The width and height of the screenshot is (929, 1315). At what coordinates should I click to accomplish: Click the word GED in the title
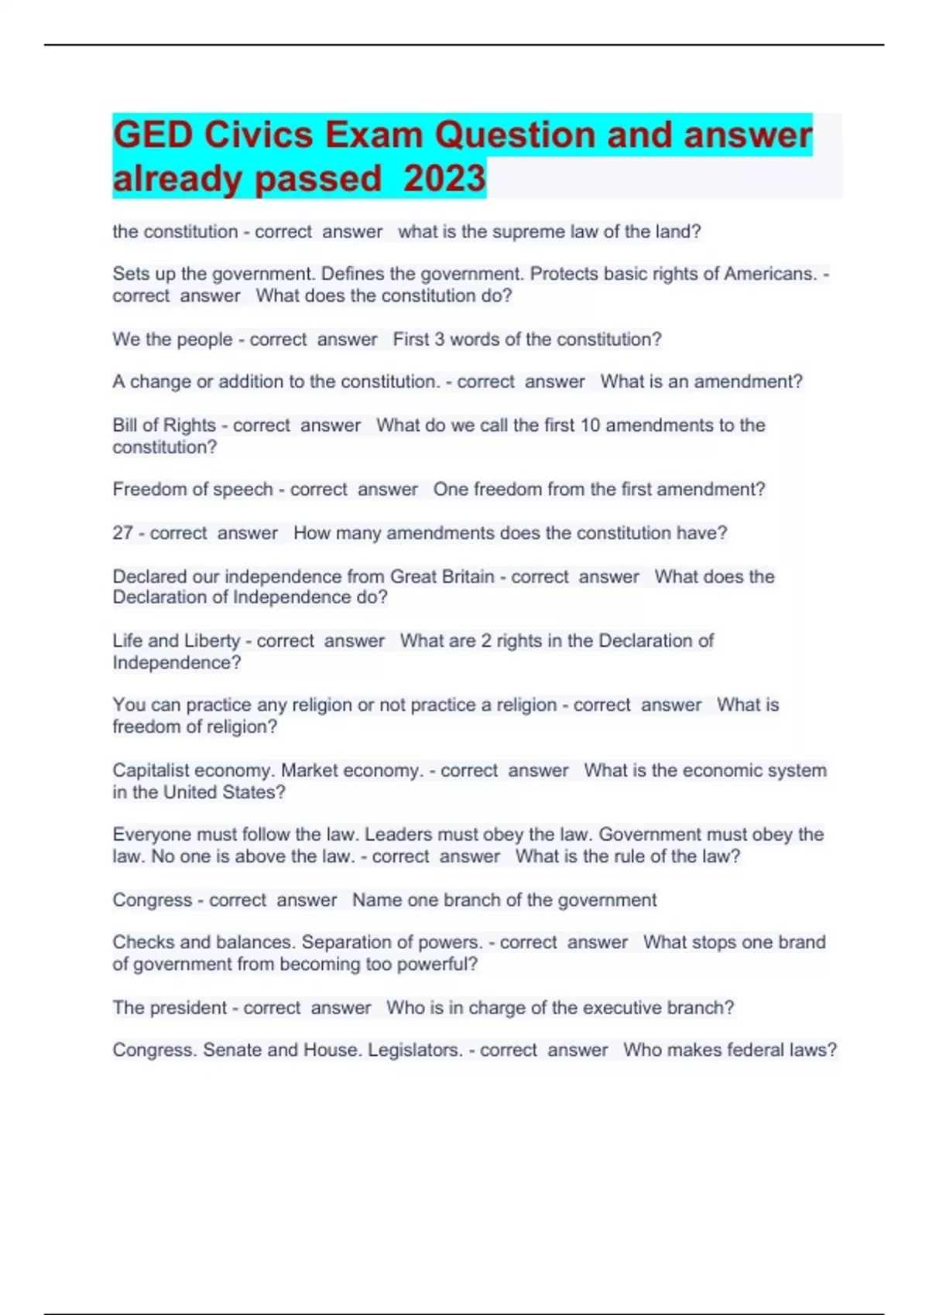[153, 135]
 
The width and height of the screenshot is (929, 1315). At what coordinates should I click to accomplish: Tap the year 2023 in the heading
[444, 179]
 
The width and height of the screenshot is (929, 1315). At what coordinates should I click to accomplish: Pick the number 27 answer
[122, 533]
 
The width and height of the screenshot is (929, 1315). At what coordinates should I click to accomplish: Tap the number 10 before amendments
[590, 425]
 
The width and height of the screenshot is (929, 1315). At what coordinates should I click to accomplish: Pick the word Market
[309, 770]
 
